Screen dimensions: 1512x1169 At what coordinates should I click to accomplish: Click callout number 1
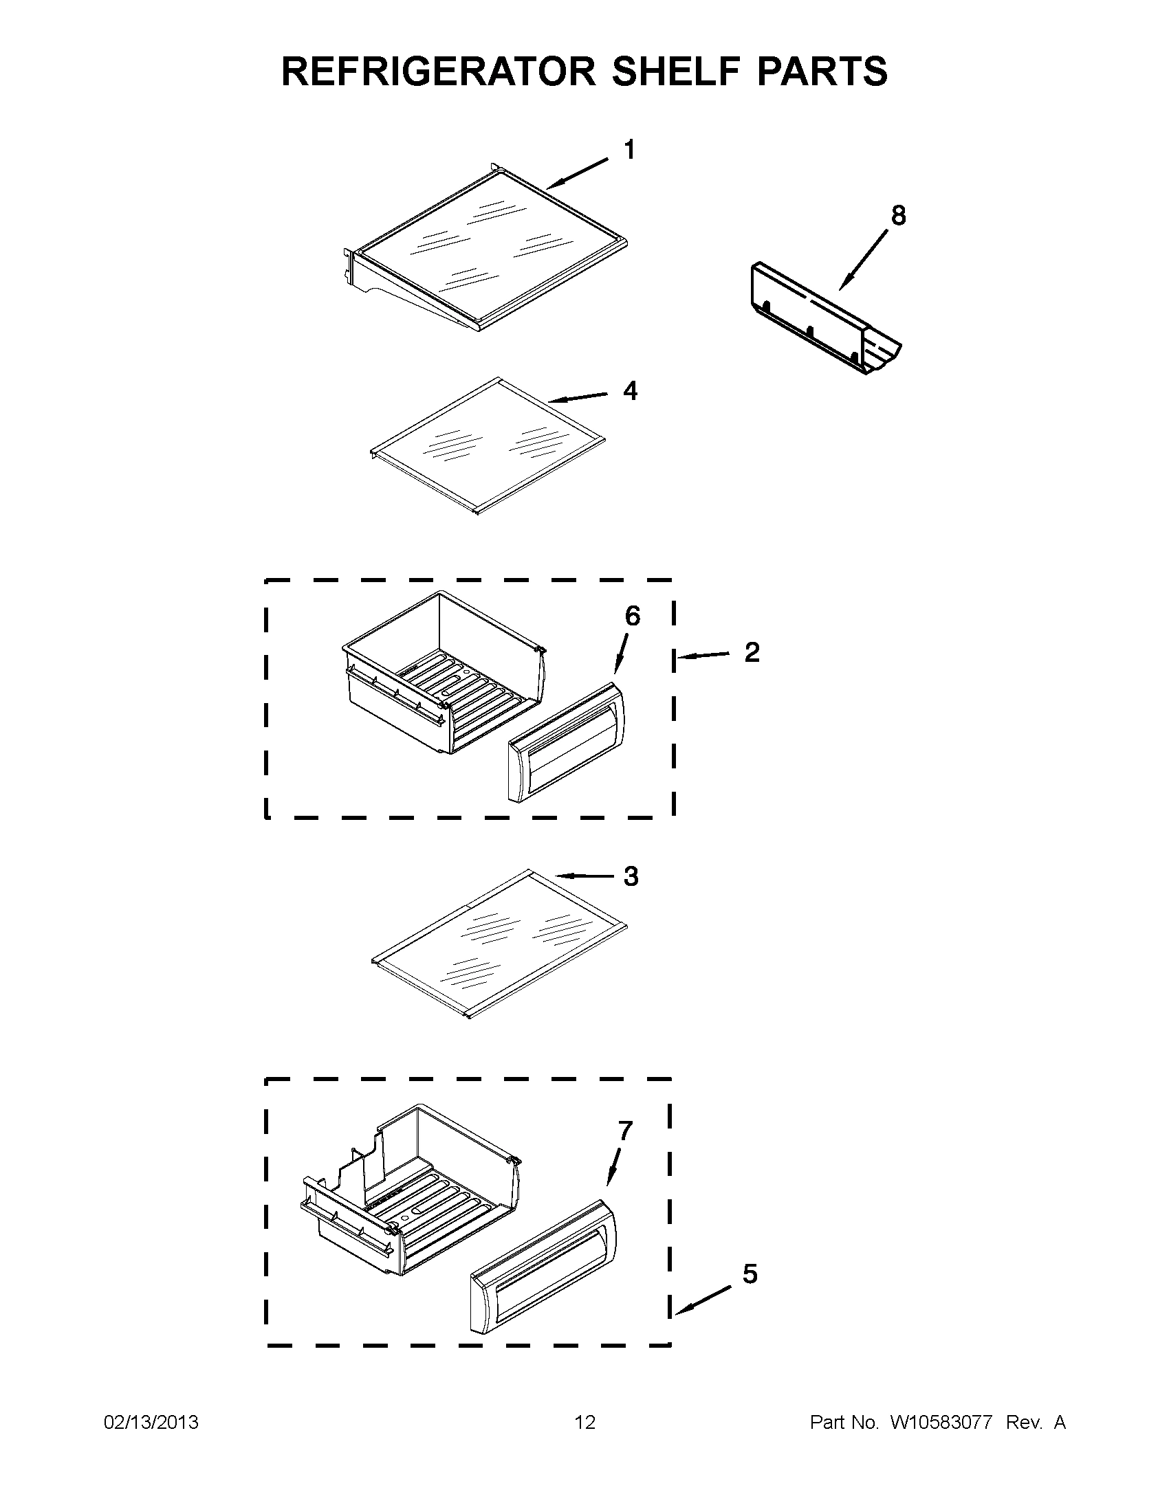pos(629,151)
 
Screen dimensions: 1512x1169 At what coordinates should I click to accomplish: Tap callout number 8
pos(897,216)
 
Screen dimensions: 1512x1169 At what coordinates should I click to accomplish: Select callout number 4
pos(629,391)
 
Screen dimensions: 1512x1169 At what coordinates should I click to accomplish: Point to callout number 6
pos(632,616)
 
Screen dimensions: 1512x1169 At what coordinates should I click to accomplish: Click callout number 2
pos(752,652)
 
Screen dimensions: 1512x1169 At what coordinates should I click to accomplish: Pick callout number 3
pos(630,876)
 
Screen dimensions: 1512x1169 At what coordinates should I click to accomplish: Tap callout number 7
pos(624,1131)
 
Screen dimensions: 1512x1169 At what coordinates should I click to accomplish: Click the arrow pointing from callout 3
pos(585,876)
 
